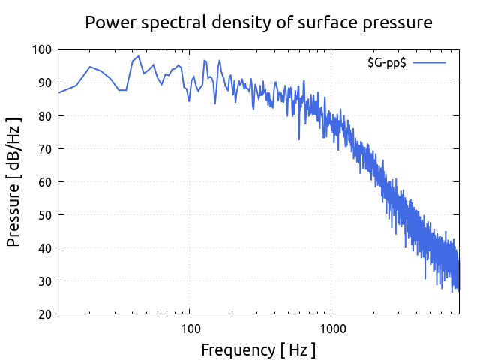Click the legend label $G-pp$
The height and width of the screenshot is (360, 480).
(x=386, y=63)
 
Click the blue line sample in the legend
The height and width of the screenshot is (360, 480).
(x=429, y=63)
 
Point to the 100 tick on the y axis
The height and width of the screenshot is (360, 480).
(x=42, y=50)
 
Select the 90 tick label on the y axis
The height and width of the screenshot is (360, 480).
(x=45, y=83)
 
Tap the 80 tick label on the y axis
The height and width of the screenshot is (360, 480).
(x=45, y=116)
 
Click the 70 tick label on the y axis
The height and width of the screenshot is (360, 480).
(x=45, y=149)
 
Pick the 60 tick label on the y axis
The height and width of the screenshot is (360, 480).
(x=45, y=182)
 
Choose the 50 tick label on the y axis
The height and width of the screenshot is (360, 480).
(x=45, y=215)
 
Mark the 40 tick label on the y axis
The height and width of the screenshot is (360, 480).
(x=45, y=248)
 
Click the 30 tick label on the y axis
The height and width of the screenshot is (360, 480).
(x=45, y=281)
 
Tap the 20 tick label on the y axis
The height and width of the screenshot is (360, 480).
(x=45, y=314)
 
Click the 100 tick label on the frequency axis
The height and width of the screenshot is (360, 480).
(x=190, y=328)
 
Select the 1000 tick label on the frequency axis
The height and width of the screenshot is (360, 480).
(x=332, y=328)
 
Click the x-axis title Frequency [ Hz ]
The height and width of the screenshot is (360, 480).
(x=258, y=349)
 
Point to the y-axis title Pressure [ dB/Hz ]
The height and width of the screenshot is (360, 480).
(x=13, y=182)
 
